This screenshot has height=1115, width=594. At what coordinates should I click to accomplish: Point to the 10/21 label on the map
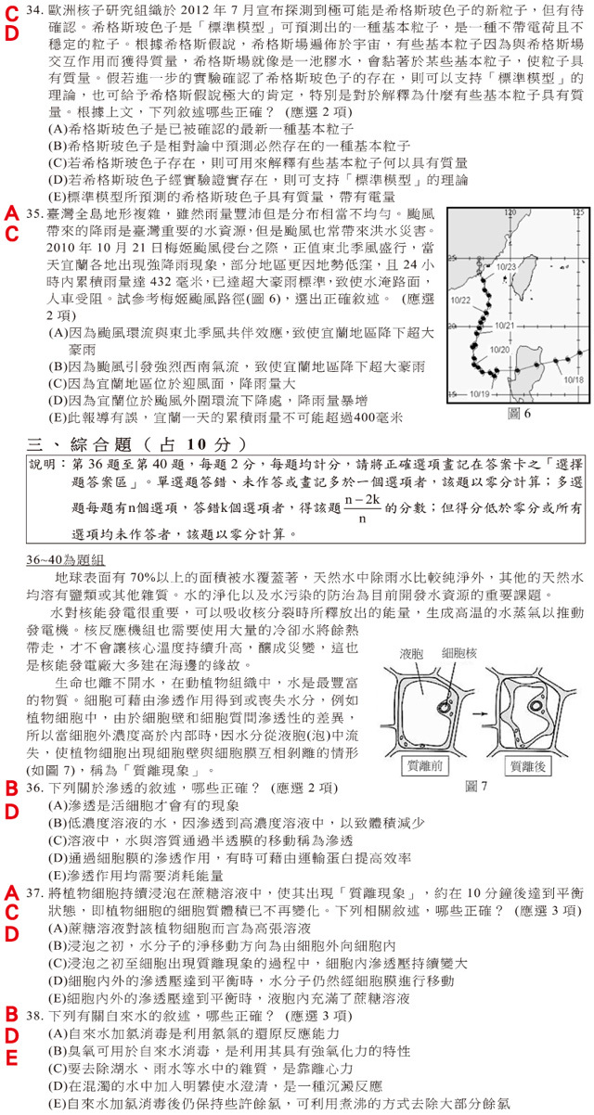(505, 326)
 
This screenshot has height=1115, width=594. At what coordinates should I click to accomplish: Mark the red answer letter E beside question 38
(11, 1058)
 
